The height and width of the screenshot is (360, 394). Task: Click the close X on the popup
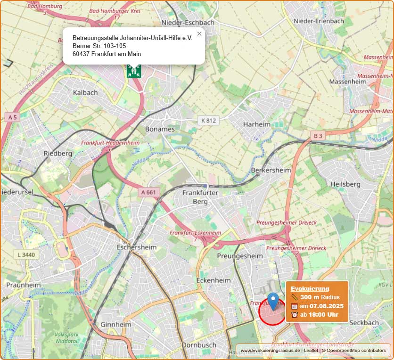click(199, 34)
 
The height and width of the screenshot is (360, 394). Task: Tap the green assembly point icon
click(134, 71)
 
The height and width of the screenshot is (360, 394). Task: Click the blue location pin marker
click(273, 301)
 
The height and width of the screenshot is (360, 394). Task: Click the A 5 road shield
click(12, 116)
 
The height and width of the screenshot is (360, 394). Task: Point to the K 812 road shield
click(208, 121)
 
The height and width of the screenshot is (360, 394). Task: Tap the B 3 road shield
click(318, 136)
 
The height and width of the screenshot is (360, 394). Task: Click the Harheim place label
click(256, 124)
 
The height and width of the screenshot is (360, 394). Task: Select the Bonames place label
click(160, 129)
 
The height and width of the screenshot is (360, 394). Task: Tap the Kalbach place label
click(85, 92)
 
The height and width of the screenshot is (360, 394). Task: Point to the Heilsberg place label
click(345, 184)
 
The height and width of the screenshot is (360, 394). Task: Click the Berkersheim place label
click(269, 170)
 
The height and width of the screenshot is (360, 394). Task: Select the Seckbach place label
click(364, 323)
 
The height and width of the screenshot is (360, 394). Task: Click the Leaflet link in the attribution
click(311, 351)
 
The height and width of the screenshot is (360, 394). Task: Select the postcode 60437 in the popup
click(81, 54)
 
